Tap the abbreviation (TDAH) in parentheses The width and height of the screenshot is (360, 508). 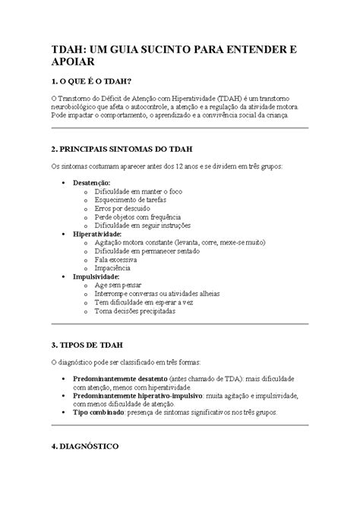tap(235, 98)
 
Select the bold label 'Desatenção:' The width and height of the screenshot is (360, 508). tap(92, 184)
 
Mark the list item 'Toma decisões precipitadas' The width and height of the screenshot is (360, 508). tap(144, 311)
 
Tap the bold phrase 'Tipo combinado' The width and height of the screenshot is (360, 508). tap(98, 412)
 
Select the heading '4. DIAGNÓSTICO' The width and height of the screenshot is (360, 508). tap(84, 447)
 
